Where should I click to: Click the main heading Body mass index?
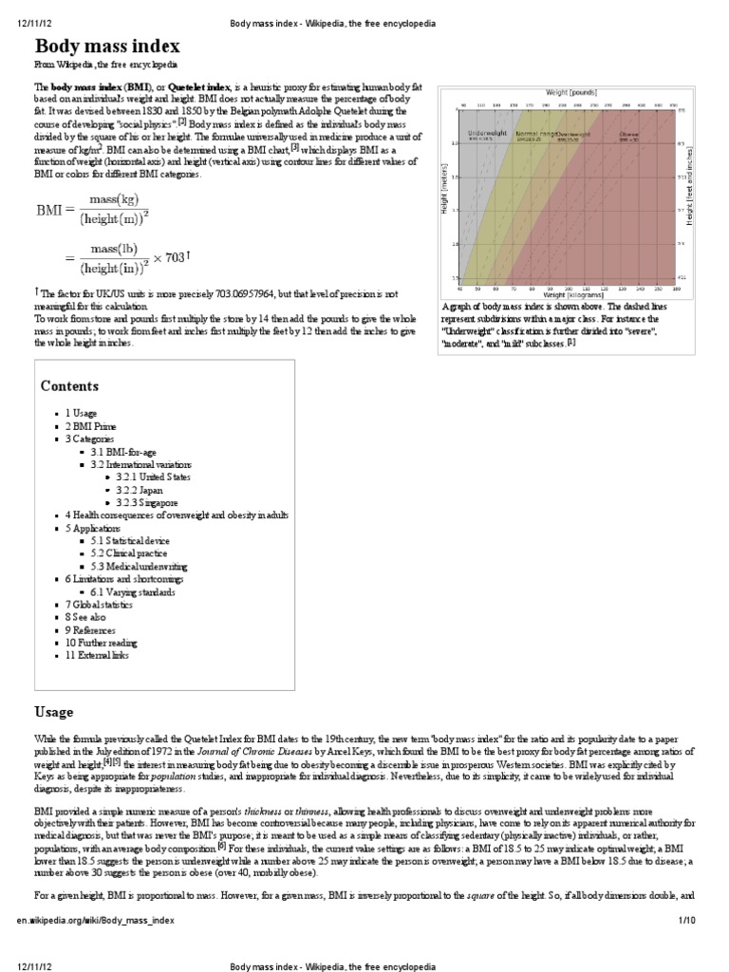click(107, 47)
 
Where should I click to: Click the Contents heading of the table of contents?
click(70, 386)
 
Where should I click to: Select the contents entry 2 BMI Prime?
click(93, 427)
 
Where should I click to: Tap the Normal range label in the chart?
click(535, 134)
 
